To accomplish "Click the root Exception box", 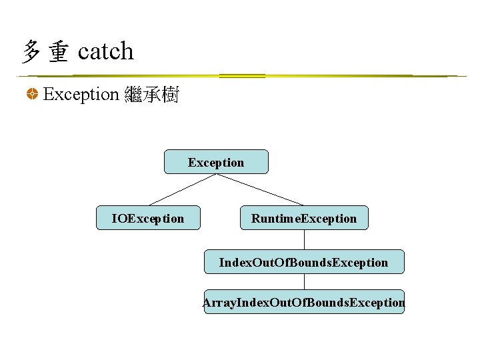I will pos(216,162).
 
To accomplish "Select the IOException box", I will pos(148,218).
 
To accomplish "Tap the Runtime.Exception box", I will pos(304,218).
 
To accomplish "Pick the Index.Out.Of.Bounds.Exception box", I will pos(304,262).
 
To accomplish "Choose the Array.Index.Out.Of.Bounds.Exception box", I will pos(304,302).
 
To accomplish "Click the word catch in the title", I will pos(105,51).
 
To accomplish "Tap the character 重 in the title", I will pos(58,52).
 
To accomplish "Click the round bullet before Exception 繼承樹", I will pos(31,95).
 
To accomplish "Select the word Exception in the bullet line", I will pos(81,95).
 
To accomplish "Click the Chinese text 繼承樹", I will pos(151,95).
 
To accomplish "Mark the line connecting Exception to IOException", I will pos(181,190).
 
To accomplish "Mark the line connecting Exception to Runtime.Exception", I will pos(260,190).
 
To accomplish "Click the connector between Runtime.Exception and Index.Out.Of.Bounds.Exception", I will pos(305,240).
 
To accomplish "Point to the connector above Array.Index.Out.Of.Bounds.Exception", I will pos(305,282).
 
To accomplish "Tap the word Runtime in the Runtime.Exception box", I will pos(275,218).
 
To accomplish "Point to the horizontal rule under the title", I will pos(240,76).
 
